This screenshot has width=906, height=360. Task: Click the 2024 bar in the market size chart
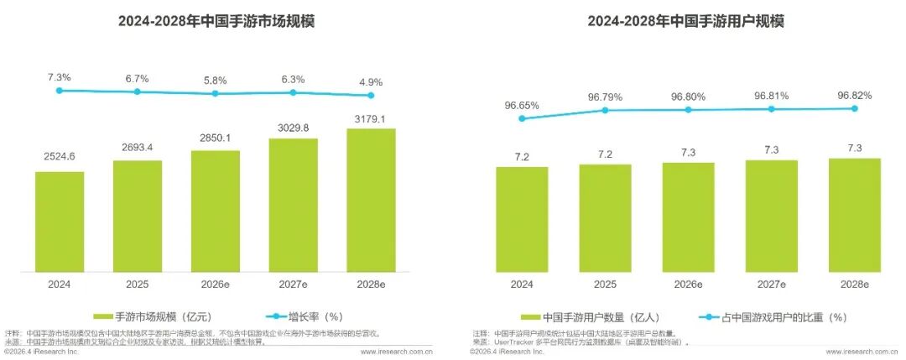60,222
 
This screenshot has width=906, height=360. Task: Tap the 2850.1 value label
216,138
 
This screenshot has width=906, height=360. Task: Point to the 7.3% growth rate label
60,77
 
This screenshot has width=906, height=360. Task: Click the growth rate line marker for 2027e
294,92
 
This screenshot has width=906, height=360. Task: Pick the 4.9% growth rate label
371,82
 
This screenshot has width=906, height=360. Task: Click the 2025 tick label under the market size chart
138,284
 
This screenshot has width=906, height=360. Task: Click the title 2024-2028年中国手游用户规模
685,21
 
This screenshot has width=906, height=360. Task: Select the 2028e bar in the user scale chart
855,215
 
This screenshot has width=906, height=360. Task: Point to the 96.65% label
522,106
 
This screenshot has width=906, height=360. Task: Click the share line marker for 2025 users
605,110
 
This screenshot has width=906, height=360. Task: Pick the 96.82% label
855,95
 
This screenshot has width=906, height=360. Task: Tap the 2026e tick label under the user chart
688,284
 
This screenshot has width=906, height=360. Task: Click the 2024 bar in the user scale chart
522,219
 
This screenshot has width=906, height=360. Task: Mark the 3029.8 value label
294,127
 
